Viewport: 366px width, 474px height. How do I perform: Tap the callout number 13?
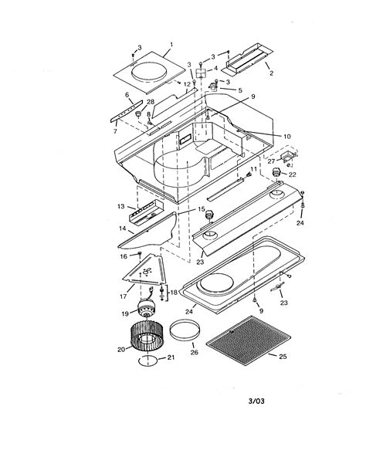[121, 208]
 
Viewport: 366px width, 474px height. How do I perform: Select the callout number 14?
[121, 229]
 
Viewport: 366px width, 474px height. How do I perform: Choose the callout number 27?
[271, 162]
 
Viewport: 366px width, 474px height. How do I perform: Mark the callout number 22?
[292, 174]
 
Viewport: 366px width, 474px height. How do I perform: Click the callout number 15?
[202, 209]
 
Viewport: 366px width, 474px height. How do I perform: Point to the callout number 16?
[124, 256]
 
